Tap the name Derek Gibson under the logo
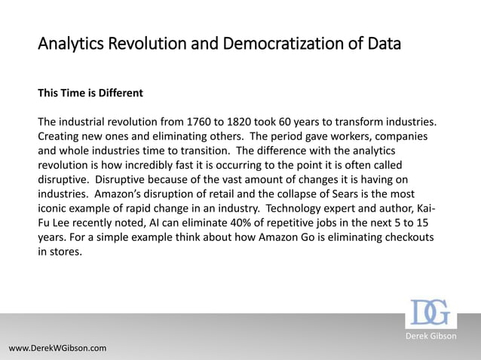coord(431,335)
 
